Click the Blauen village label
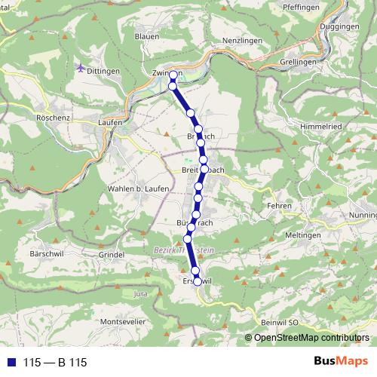coord(146,35)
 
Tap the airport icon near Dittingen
coord(81,69)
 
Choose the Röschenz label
coord(52,118)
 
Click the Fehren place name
coord(280,205)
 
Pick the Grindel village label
coord(112,255)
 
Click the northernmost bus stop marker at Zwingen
coord(173,75)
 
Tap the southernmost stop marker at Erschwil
coord(197,281)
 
